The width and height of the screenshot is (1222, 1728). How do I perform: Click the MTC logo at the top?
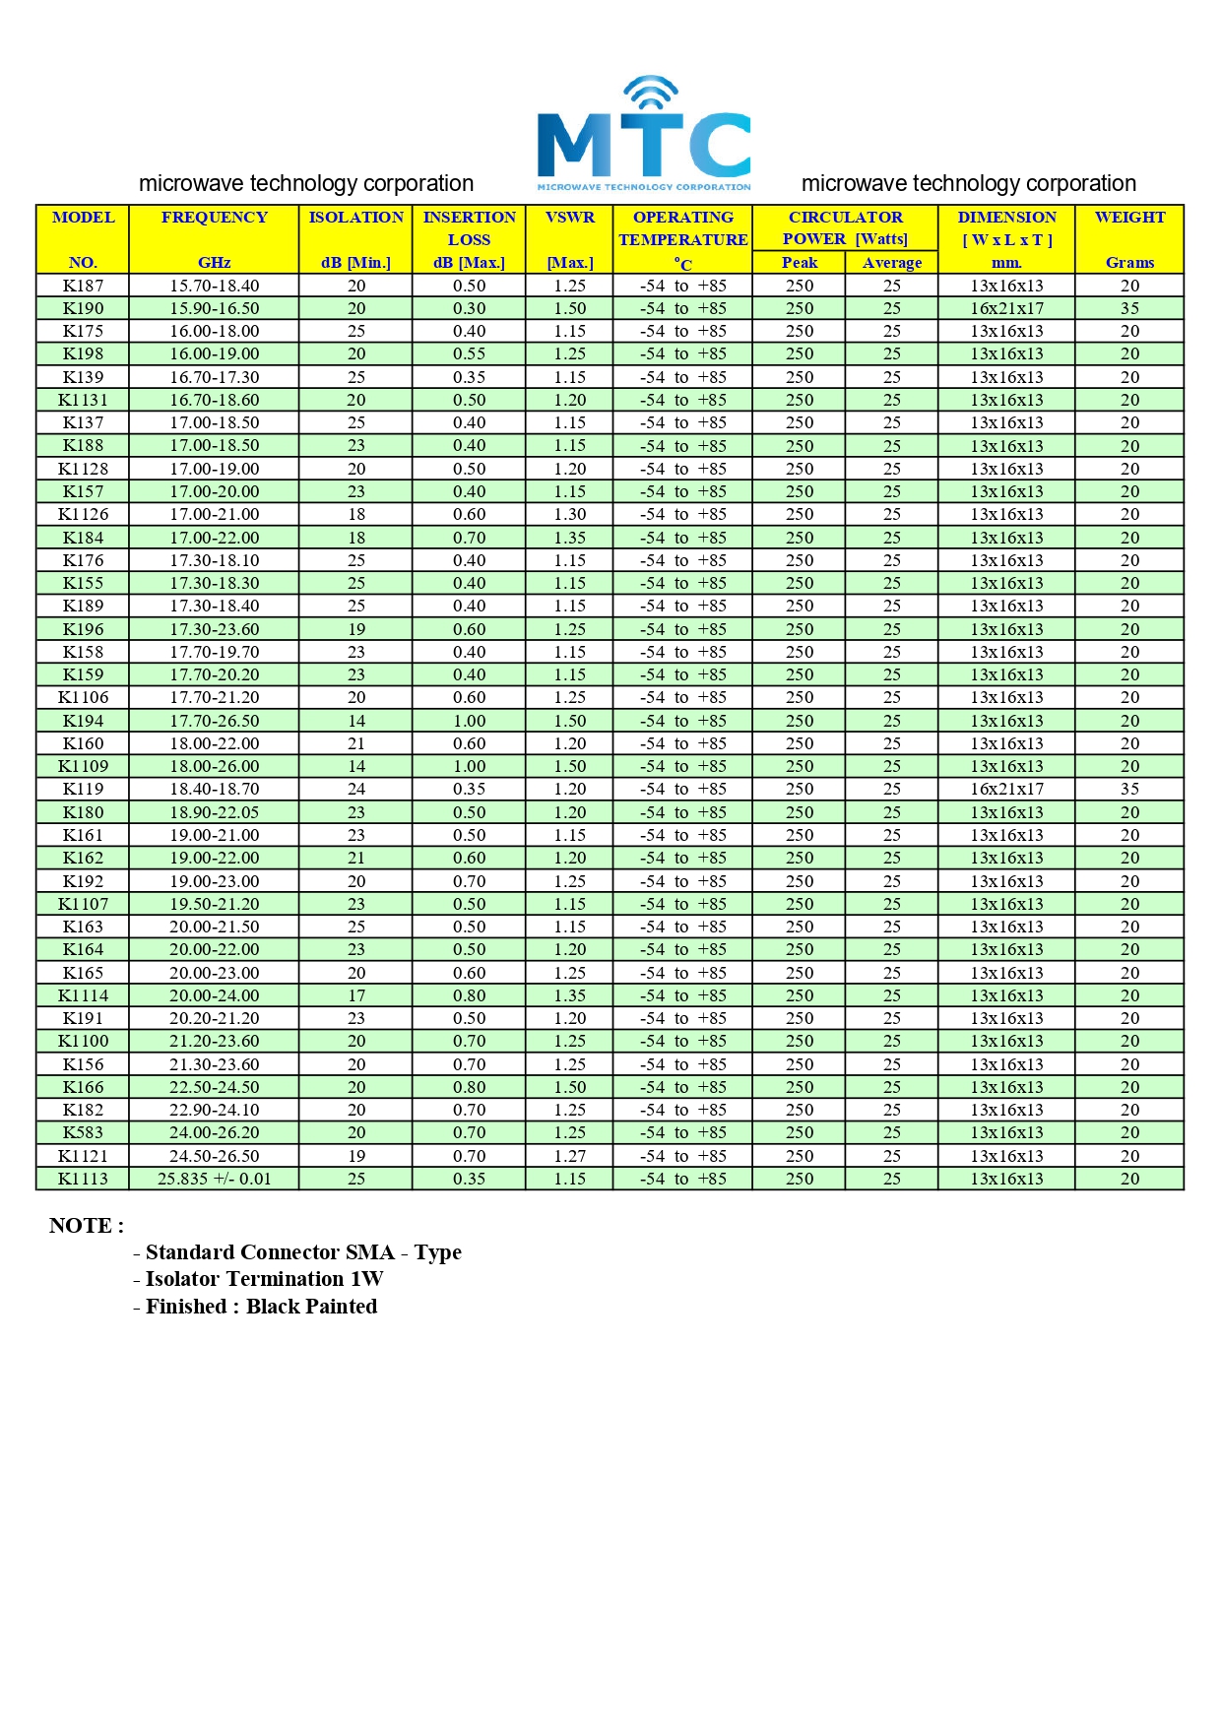tap(644, 134)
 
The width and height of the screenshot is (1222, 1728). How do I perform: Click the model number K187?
tap(83, 286)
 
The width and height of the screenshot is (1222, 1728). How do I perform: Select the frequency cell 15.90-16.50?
tap(214, 308)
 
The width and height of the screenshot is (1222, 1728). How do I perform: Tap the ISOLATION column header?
tap(355, 218)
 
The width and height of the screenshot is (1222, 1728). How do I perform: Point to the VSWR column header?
tap(569, 218)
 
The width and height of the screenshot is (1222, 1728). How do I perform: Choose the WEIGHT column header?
tap(1129, 218)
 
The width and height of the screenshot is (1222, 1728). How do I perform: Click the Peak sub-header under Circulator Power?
tap(799, 263)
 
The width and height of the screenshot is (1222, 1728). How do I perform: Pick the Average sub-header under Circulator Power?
tap(891, 263)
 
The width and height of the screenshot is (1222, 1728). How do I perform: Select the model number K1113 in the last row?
tap(83, 1179)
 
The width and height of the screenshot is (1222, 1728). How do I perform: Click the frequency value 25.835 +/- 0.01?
tap(214, 1179)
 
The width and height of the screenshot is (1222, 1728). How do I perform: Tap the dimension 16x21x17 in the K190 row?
tap(1006, 308)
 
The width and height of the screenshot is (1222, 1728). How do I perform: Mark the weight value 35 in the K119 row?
tap(1129, 789)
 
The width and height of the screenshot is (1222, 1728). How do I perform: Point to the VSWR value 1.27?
tap(569, 1156)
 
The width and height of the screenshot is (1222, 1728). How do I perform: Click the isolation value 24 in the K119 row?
tap(355, 789)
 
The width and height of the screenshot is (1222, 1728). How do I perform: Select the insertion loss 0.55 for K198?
tap(469, 353)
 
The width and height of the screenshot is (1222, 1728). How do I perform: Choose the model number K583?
tap(83, 1132)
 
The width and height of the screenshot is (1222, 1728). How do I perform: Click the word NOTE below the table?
tap(86, 1226)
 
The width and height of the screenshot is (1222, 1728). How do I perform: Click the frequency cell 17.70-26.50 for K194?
tap(214, 721)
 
